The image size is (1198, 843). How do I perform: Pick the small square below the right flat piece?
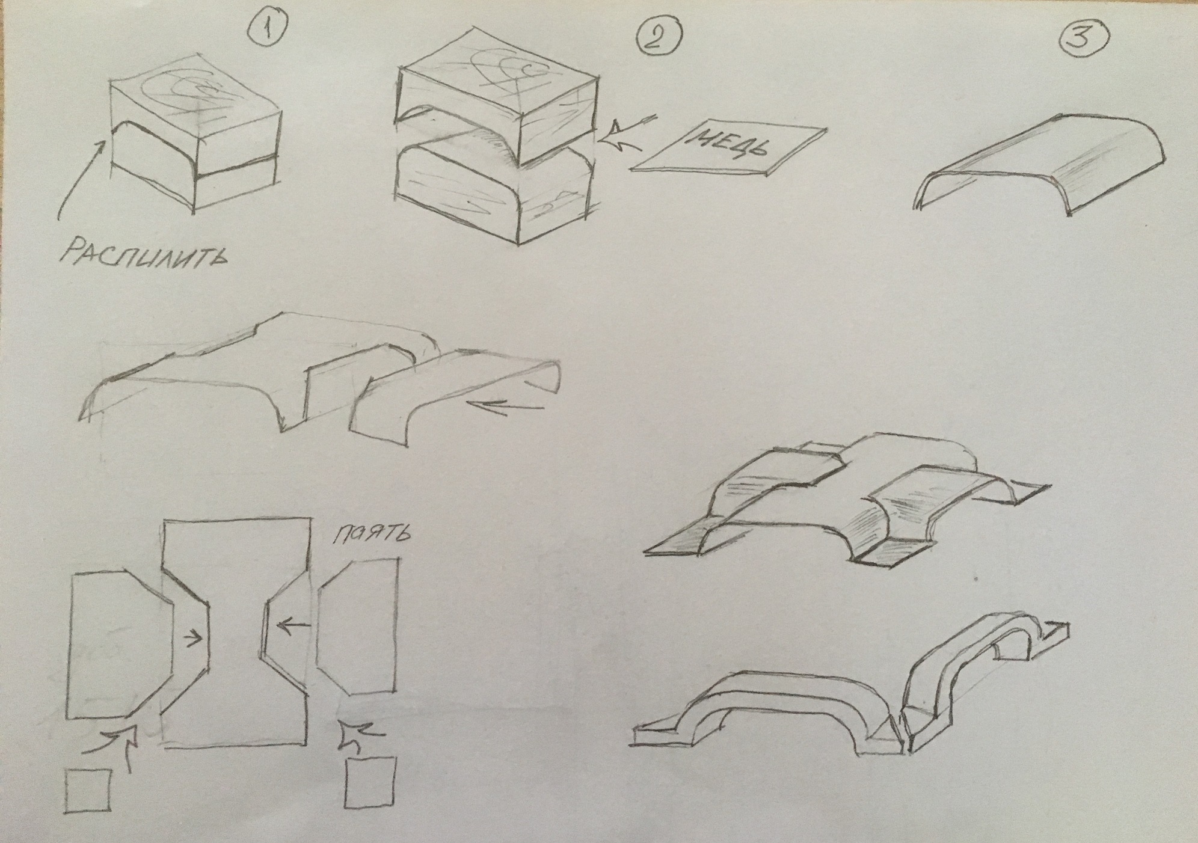click(371, 782)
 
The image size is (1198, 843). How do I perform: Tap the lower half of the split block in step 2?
click(493, 192)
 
